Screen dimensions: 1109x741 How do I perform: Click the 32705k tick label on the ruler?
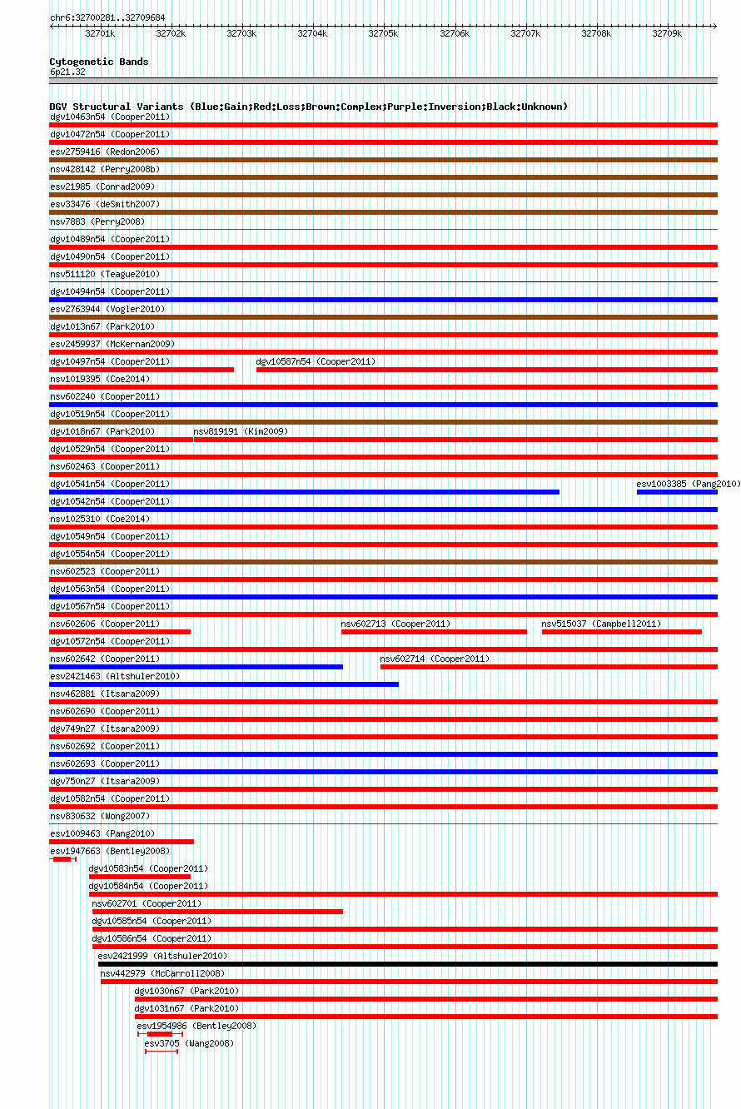(x=383, y=33)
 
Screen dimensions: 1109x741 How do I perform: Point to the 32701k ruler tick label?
(x=100, y=33)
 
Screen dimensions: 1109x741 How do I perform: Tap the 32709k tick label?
(x=667, y=33)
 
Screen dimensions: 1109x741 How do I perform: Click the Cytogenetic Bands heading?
(x=99, y=62)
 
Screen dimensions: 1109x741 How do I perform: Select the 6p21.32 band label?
(x=67, y=72)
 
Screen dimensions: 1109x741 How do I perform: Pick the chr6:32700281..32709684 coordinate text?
(x=107, y=17)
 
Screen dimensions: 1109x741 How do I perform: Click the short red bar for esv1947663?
(x=62, y=859)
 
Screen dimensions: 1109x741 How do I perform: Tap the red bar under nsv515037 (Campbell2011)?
(x=621, y=632)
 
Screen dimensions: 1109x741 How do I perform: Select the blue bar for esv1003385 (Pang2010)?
(x=676, y=492)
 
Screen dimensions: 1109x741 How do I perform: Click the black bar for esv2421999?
(x=407, y=964)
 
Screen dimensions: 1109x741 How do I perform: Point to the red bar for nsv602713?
(x=433, y=632)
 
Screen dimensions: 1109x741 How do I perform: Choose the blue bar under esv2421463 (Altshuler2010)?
(x=223, y=684)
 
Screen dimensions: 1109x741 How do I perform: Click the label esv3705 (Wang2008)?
(x=189, y=1043)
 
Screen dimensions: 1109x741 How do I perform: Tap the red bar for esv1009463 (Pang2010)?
(x=122, y=842)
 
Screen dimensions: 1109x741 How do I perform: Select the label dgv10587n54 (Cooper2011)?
(x=316, y=361)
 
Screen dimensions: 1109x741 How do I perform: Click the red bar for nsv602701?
(x=217, y=912)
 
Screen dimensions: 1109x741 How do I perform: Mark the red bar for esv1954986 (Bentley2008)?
(x=159, y=1034)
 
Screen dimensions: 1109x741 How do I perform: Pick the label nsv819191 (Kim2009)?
(x=241, y=431)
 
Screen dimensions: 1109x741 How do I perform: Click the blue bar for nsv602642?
(x=196, y=667)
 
